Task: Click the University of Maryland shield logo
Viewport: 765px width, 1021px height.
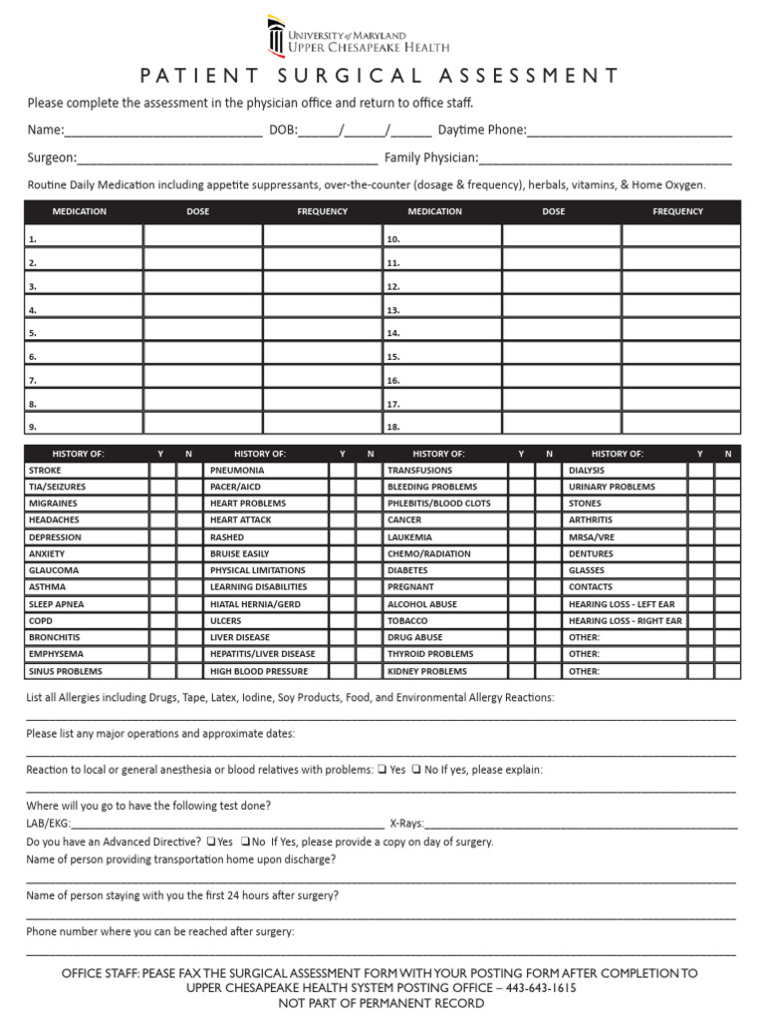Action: coord(276,37)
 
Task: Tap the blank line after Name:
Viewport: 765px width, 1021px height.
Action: coord(163,131)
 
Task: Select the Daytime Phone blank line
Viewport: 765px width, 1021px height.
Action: coord(630,131)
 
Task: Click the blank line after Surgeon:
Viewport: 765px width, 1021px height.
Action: coord(227,158)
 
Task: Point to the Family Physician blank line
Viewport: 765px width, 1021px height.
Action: coord(606,158)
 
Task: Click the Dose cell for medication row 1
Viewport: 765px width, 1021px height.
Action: coord(203,236)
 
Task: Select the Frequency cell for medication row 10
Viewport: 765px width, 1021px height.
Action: coord(681,236)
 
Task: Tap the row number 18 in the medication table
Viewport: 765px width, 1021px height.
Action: coord(393,428)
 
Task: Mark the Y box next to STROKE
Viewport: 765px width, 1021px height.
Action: coord(161,470)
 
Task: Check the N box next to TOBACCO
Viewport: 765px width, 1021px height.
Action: coord(548,620)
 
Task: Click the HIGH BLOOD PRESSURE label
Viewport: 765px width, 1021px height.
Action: coord(258,671)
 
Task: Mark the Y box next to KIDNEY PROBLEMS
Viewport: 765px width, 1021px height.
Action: coord(521,671)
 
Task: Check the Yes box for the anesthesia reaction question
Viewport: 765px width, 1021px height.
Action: coord(382,770)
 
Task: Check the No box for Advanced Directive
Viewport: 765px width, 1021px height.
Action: coord(245,842)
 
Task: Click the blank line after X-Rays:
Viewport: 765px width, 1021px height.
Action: coord(582,825)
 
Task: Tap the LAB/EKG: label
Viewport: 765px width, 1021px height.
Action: coord(48,825)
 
